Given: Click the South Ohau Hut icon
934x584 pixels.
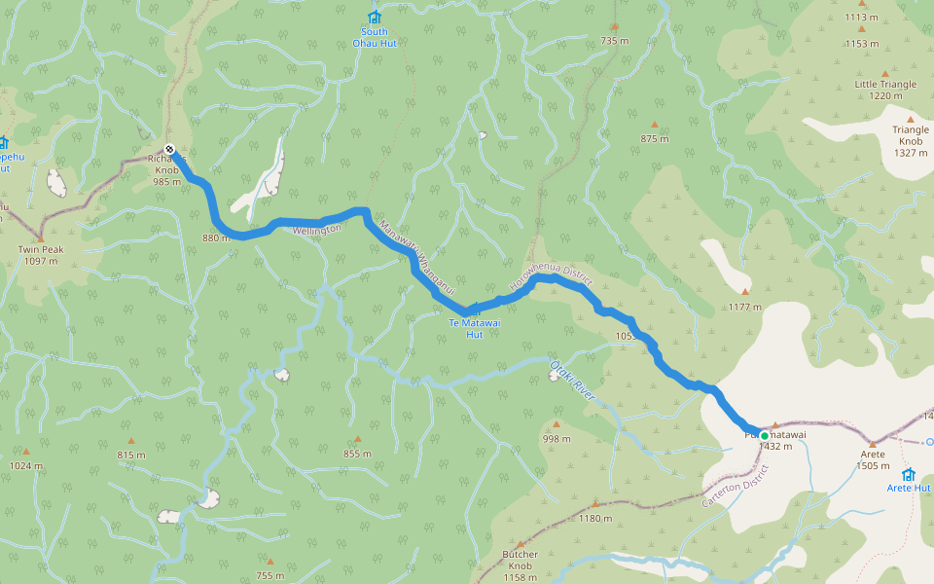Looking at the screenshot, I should [374, 17].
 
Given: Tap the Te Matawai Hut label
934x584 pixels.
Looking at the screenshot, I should [466, 328].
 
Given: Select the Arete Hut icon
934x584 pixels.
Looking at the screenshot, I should [908, 474].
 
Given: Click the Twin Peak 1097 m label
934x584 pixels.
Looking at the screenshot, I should [40, 255].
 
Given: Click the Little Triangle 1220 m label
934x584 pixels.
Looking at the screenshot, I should [885, 90].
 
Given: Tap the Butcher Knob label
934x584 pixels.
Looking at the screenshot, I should [521, 559].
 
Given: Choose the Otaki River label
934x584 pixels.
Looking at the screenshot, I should [571, 381].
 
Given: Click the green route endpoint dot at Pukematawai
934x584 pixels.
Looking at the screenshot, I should [765, 435].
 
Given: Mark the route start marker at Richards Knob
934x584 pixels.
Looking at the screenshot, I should [169, 149].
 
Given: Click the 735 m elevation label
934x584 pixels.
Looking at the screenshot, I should [615, 41].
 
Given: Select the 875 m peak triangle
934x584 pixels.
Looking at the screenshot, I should [654, 125].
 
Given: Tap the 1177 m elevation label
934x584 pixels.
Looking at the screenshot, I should [745, 307].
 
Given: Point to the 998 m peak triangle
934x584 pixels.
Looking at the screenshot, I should [557, 424].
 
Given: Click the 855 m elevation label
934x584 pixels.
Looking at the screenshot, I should [357, 454].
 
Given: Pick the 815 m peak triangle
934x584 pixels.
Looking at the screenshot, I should [130, 441].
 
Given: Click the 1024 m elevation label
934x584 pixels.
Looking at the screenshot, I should [25, 465].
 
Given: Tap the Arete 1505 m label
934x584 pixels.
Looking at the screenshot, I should [872, 460].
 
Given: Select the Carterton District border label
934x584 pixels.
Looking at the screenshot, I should [735, 485].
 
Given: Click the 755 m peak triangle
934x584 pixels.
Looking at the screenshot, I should [270, 562].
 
